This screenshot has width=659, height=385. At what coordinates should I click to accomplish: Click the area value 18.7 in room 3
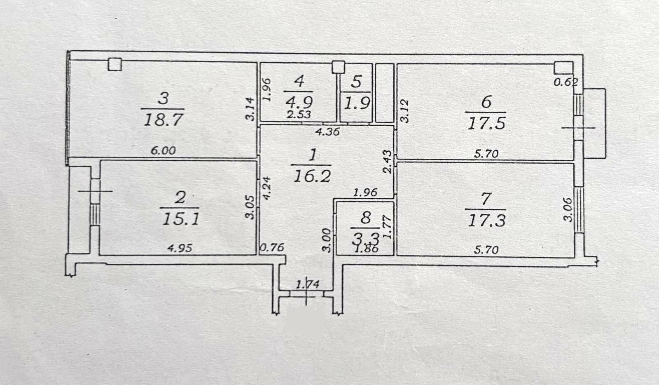(164, 120)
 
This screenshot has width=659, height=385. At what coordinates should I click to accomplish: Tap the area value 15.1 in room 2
(181, 219)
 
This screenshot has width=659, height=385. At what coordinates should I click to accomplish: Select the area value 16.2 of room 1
(312, 176)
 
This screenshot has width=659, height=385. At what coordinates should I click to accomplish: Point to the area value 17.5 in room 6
(486, 124)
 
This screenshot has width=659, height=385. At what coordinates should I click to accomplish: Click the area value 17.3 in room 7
(486, 221)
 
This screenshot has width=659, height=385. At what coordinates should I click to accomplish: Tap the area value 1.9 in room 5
(356, 103)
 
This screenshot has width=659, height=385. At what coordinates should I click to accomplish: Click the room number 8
(365, 218)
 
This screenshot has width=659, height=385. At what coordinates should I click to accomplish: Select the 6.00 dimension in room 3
(163, 151)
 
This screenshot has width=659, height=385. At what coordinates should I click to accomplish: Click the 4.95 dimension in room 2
(180, 248)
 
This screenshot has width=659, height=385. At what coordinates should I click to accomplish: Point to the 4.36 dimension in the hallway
(327, 131)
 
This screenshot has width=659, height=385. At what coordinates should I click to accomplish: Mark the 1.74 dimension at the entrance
(307, 285)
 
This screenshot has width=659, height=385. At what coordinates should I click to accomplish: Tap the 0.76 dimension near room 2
(272, 247)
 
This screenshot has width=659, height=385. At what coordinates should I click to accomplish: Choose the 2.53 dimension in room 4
(299, 115)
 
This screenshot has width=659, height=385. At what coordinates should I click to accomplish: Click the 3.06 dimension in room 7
(568, 209)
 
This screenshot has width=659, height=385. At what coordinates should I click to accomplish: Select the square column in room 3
(115, 64)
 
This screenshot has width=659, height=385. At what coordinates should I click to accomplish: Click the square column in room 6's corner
(563, 68)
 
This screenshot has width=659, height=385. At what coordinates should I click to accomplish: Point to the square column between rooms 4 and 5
(338, 67)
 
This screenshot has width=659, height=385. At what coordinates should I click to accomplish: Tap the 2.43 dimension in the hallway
(388, 162)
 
